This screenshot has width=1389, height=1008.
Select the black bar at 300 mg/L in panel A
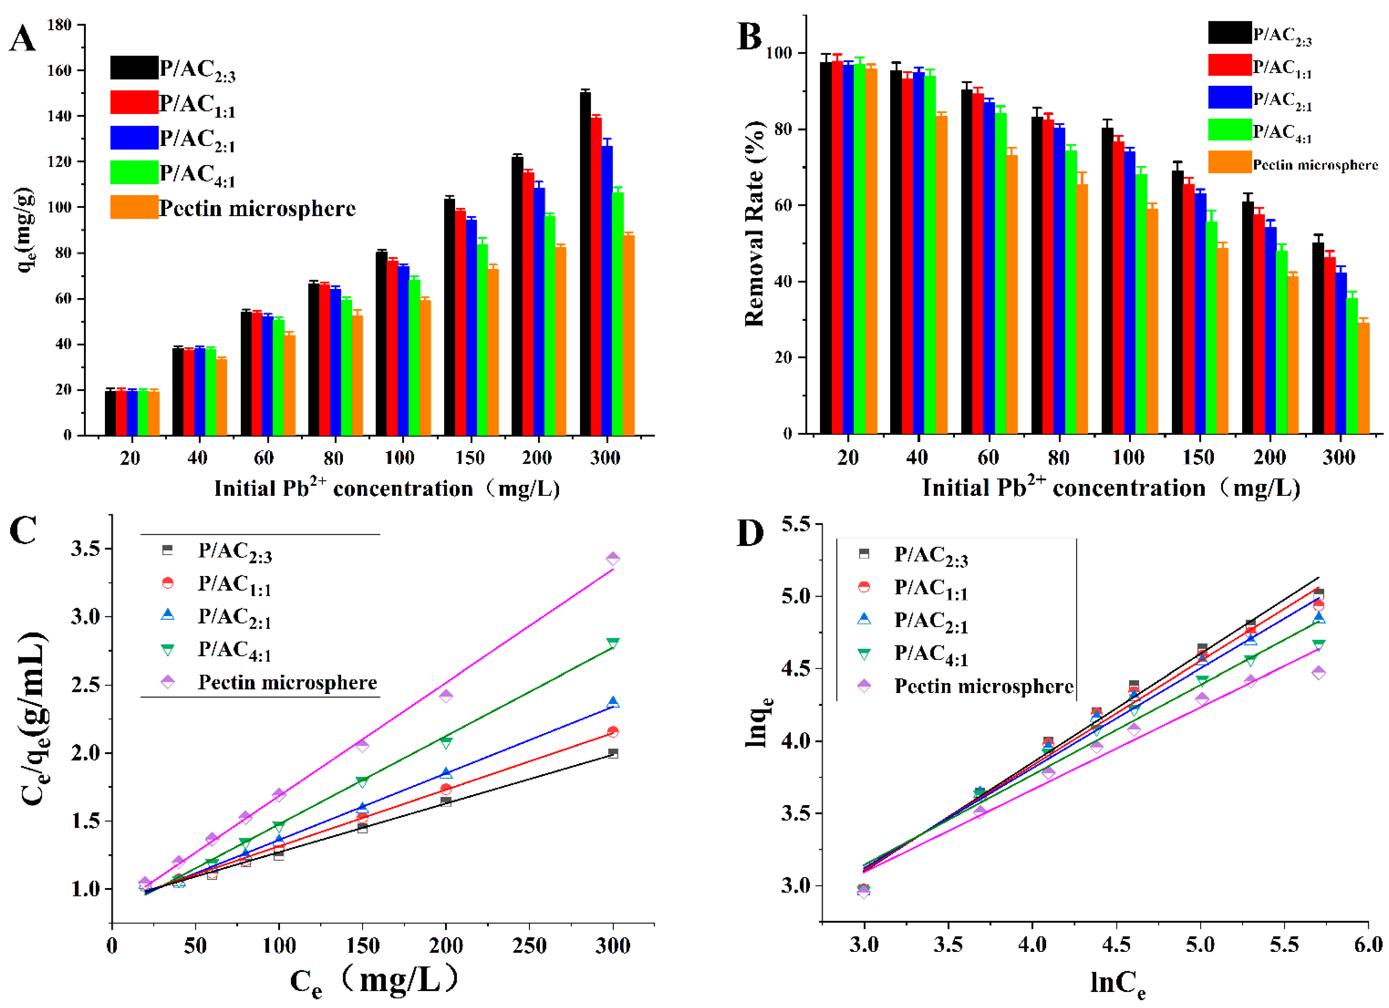[585, 263]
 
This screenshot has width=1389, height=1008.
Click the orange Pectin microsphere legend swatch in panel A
[134, 207]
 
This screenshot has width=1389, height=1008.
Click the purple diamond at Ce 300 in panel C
[612, 559]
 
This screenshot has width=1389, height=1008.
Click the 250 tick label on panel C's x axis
[529, 946]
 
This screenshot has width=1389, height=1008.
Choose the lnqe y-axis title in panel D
[758, 723]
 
